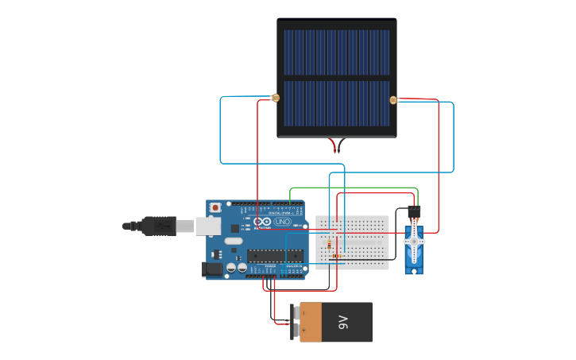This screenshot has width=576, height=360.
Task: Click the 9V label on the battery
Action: tap(343, 322)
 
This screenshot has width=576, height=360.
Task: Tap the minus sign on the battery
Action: tap(303, 315)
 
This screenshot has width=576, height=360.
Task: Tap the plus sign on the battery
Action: tap(303, 329)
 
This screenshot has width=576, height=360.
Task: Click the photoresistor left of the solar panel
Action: tap(276, 99)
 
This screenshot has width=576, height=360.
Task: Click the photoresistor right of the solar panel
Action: tap(392, 100)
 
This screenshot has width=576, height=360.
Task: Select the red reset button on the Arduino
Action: tap(215, 207)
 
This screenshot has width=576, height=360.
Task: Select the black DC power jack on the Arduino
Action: tap(213, 269)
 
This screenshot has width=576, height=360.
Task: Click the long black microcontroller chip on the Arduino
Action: tap(275, 255)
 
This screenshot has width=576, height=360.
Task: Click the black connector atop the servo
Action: tap(414, 212)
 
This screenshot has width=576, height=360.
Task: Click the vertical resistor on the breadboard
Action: tap(330, 245)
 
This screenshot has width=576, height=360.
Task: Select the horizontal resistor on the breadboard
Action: tap(337, 256)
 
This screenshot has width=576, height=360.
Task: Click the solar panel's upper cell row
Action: tap(337, 52)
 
